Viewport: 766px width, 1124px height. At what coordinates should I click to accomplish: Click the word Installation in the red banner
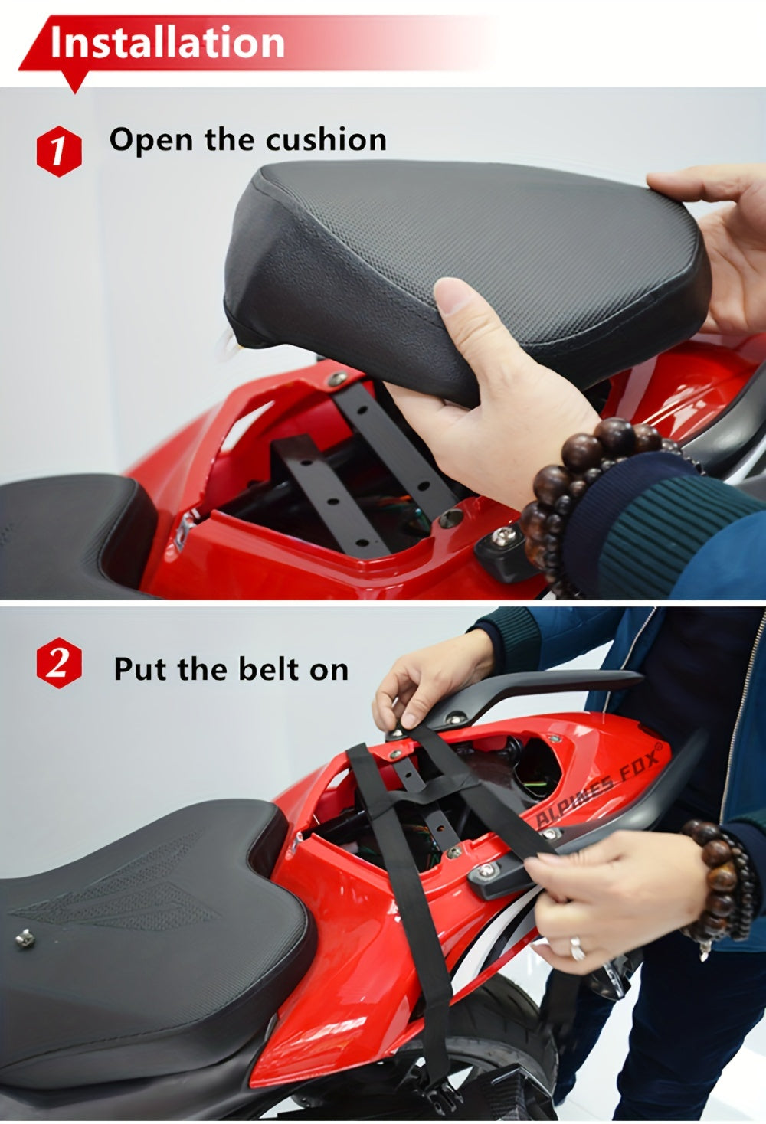[167, 42]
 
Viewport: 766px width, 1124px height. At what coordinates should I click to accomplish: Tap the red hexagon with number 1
[58, 150]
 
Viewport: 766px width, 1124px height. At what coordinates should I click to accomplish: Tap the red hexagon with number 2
[58, 662]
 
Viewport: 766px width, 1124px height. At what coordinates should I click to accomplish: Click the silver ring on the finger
[577, 949]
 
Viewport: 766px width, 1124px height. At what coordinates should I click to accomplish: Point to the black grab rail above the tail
[536, 689]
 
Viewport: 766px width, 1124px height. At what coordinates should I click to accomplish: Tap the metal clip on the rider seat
[26, 936]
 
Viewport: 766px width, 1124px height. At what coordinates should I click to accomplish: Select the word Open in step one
[152, 139]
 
